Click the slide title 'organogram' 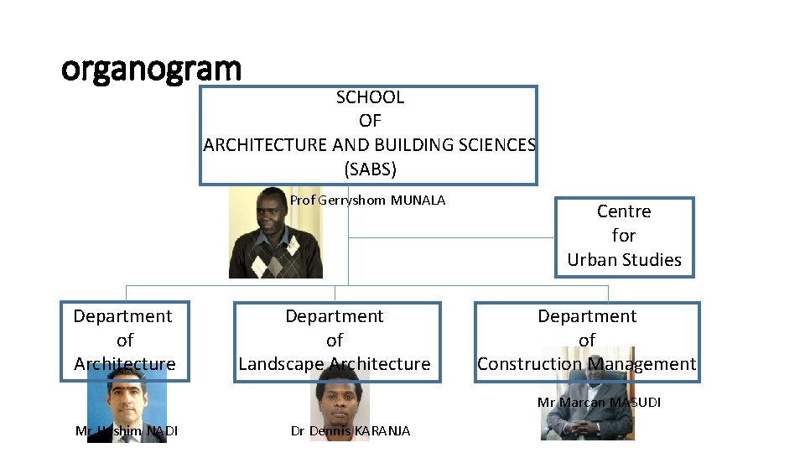[x=151, y=69]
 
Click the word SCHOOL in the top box [x=370, y=97]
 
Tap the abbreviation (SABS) [x=370, y=169]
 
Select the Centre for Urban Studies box [x=624, y=237]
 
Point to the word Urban [x=591, y=260]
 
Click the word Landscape [x=281, y=364]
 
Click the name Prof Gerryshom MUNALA [x=367, y=200]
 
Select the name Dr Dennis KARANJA [x=351, y=431]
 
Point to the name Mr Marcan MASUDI [x=599, y=403]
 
